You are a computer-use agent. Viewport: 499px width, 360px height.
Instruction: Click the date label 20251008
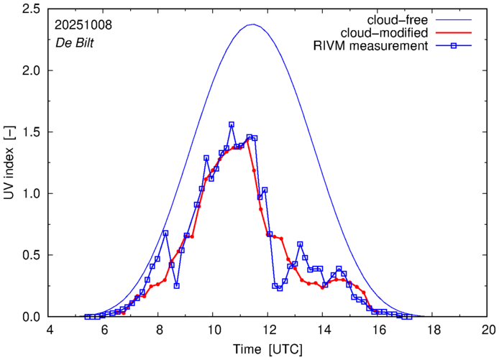[83, 24]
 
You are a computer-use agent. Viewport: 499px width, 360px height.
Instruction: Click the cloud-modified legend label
[388, 33]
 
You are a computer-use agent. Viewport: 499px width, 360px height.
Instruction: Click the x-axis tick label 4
[49, 328]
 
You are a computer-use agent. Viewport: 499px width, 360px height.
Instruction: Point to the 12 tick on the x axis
[268, 328]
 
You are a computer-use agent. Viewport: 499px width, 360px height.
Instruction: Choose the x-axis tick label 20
[488, 328]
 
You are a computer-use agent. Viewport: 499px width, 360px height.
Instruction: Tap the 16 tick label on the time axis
[378, 328]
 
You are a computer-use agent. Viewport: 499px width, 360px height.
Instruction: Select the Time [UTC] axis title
[268, 349]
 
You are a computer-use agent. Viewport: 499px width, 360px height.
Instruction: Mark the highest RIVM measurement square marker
[232, 124]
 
